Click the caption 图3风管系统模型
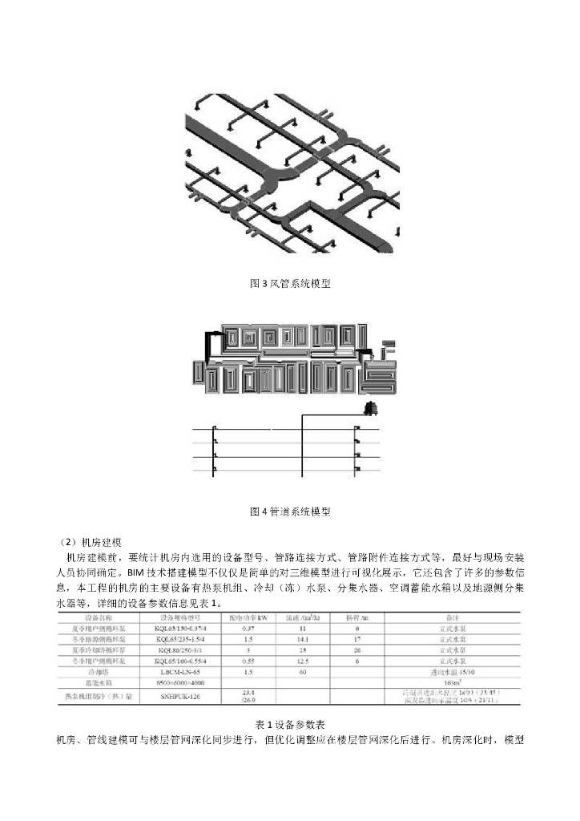click(289, 284)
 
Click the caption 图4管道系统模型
click(289, 511)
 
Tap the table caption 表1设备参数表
click(289, 723)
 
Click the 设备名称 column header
click(99, 618)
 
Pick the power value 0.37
click(248, 629)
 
